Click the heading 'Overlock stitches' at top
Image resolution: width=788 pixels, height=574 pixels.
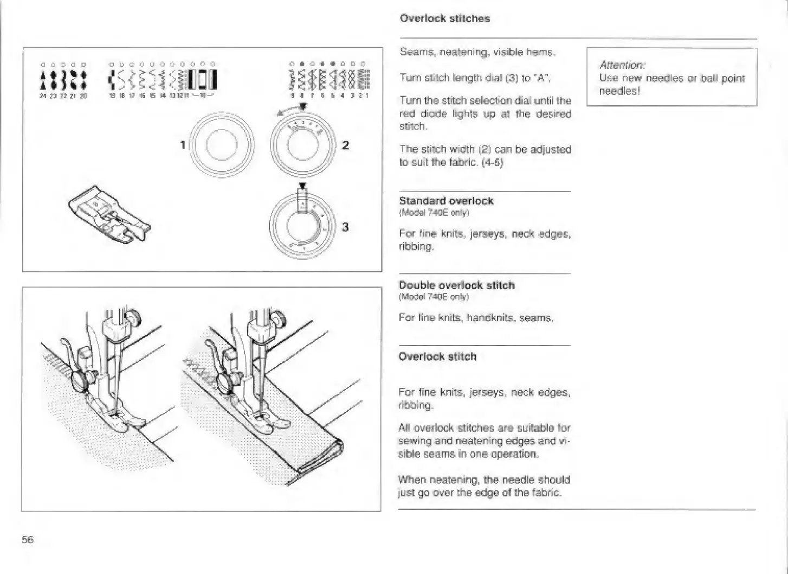444,18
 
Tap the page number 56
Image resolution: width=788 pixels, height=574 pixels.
28,539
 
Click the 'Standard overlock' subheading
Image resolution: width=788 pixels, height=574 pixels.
446,201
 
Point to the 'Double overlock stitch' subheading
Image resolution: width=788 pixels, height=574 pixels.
457,285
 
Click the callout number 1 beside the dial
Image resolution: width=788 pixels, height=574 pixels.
183,145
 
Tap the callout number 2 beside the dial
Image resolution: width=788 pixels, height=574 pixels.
346,145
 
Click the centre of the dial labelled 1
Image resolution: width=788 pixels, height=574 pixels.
221,146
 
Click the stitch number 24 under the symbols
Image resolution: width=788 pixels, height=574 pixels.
42,95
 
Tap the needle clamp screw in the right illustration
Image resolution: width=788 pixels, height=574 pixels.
279,316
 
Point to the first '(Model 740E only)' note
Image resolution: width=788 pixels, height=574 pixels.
434,213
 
